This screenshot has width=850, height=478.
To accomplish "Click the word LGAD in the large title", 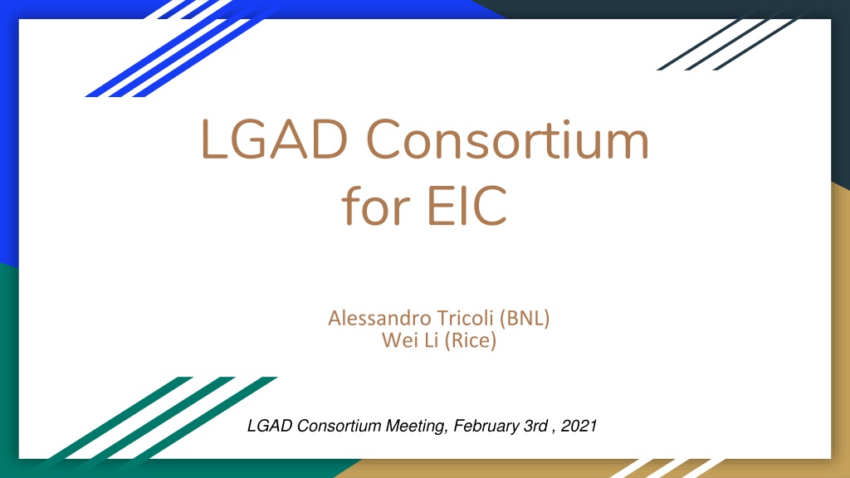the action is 274,139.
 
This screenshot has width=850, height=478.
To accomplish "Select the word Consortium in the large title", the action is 507,139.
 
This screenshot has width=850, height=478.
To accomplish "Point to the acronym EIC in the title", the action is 467,206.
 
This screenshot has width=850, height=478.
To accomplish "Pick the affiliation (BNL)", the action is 525,318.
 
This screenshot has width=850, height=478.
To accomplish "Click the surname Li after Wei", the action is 431,340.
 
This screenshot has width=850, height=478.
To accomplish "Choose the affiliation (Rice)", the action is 470,340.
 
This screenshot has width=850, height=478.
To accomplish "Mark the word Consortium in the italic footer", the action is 339,426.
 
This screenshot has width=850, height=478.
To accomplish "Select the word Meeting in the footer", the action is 417,427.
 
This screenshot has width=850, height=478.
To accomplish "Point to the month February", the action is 486,427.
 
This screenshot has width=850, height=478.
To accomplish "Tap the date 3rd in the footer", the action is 535,426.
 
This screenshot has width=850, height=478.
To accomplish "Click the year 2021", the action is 579,426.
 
